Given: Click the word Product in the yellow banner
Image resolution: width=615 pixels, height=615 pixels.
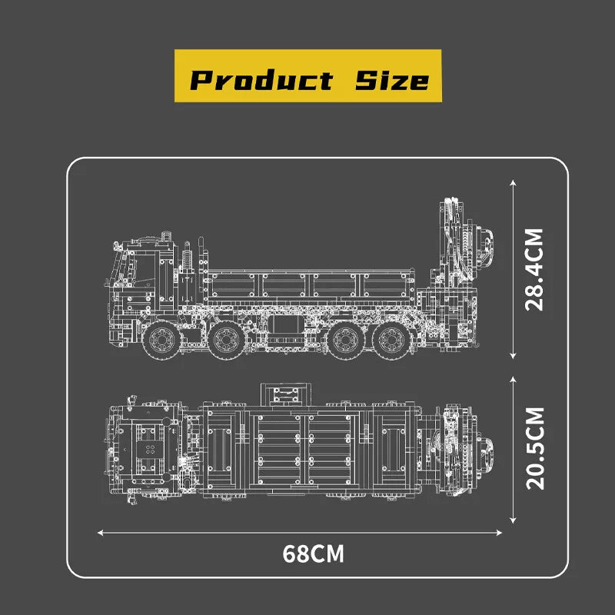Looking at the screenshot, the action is pos(261,80).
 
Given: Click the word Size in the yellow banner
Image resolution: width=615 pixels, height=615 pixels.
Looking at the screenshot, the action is pos(392,80).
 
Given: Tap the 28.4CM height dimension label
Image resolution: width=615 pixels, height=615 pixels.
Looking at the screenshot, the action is pos(534,270).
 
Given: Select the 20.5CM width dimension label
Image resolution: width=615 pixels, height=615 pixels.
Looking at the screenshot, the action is pos(535,449).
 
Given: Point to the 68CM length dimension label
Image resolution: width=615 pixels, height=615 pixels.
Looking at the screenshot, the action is pos(313,553).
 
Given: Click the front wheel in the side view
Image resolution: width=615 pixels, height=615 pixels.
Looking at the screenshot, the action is pos(161,340).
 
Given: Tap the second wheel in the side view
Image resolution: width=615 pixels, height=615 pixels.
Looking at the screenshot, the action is pos(227,340).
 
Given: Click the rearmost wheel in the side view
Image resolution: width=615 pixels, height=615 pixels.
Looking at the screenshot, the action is pos(392,340).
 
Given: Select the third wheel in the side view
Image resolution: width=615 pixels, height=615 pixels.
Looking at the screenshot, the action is pos(345,340).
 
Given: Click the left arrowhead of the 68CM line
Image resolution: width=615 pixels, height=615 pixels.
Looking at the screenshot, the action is pos(100,533).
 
